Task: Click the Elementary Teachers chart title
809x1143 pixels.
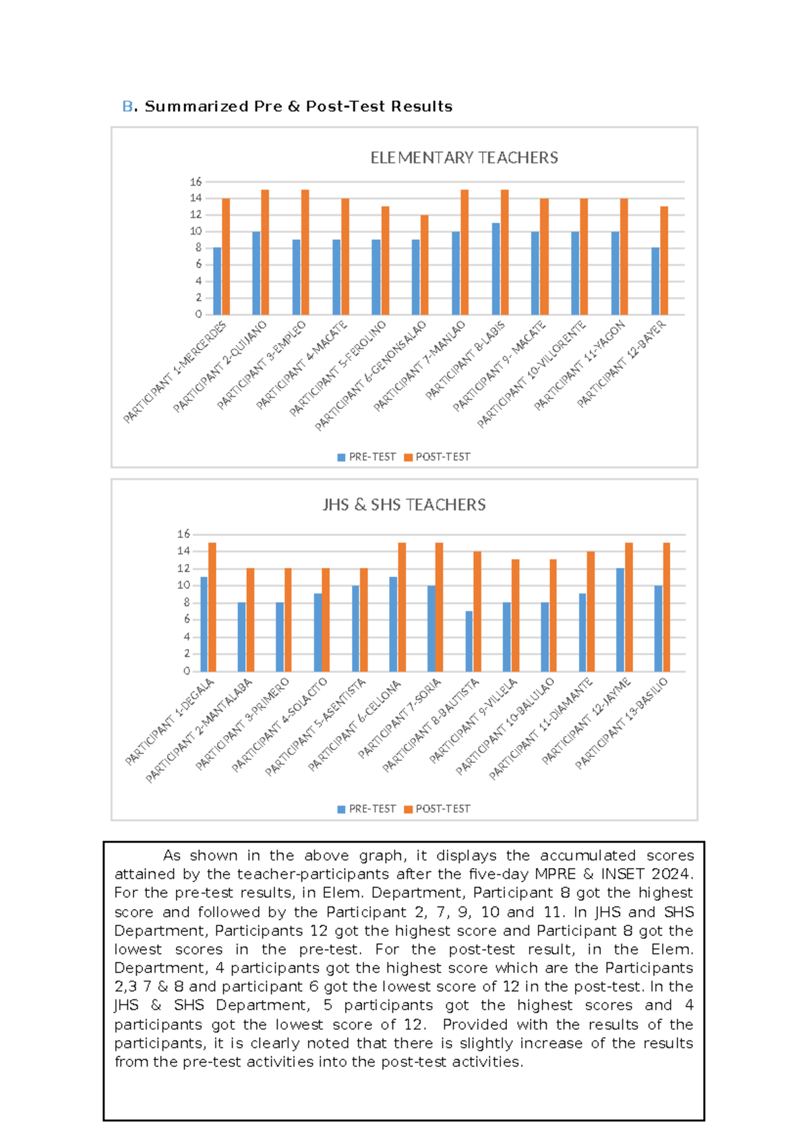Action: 464,158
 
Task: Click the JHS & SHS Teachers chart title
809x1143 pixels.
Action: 404,505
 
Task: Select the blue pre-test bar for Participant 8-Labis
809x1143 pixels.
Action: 496,269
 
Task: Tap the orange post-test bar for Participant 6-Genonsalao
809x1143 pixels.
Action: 424,265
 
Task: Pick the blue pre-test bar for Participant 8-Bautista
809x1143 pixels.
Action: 469,641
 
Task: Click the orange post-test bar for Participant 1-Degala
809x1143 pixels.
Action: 212,607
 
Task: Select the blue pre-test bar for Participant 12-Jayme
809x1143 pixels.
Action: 620,619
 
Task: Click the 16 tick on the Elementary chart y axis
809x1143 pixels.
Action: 196,182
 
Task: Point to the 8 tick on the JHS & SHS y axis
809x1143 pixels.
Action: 187,603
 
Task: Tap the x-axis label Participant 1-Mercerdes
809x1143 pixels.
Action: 175,373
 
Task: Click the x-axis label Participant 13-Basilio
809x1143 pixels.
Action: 622,723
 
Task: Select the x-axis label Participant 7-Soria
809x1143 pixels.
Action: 400,718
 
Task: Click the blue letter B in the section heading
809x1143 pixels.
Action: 127,106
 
